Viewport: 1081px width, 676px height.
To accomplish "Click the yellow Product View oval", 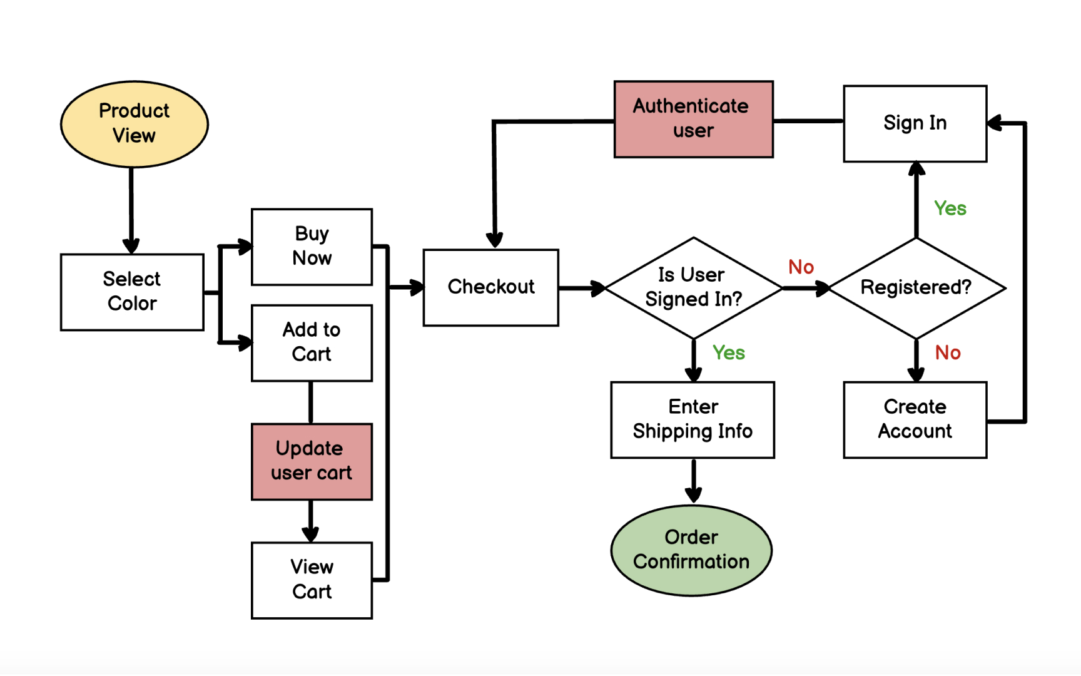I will point(134,124).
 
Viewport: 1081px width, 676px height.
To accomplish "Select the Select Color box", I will point(132,292).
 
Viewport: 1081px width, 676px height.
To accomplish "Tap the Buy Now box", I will point(312,247).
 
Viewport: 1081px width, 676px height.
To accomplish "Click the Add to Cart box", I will point(312,342).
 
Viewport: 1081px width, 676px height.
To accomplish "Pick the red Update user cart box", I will point(312,461).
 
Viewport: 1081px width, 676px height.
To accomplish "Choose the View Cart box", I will point(312,580).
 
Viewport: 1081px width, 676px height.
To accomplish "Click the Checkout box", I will point(490,287).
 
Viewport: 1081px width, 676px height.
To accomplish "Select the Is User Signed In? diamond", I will point(693,287).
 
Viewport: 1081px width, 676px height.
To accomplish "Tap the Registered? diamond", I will point(916,287).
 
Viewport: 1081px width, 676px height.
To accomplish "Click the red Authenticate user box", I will point(693,119).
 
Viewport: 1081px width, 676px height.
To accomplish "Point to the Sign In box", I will point(915,123).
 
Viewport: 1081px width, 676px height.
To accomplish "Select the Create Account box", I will point(915,419).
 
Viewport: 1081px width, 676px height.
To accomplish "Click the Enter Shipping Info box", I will point(693,419).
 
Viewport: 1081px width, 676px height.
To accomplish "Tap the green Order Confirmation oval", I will point(691,550).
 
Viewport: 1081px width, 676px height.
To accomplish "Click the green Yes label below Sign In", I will point(950,208).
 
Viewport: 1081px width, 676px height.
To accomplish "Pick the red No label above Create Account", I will point(947,353).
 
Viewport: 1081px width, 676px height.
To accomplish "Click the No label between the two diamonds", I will point(801,267).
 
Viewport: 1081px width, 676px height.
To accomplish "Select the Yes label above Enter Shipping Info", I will point(728,353).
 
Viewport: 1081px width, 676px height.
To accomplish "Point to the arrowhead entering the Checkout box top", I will point(495,240).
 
